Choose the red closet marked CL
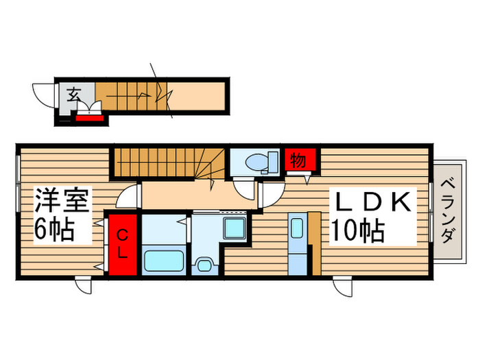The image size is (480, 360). coord(121,245)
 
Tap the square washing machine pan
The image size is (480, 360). coord(234,230)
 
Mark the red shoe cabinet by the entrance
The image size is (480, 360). coord(89,117)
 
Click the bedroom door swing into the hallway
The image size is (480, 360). coord(127,198)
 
